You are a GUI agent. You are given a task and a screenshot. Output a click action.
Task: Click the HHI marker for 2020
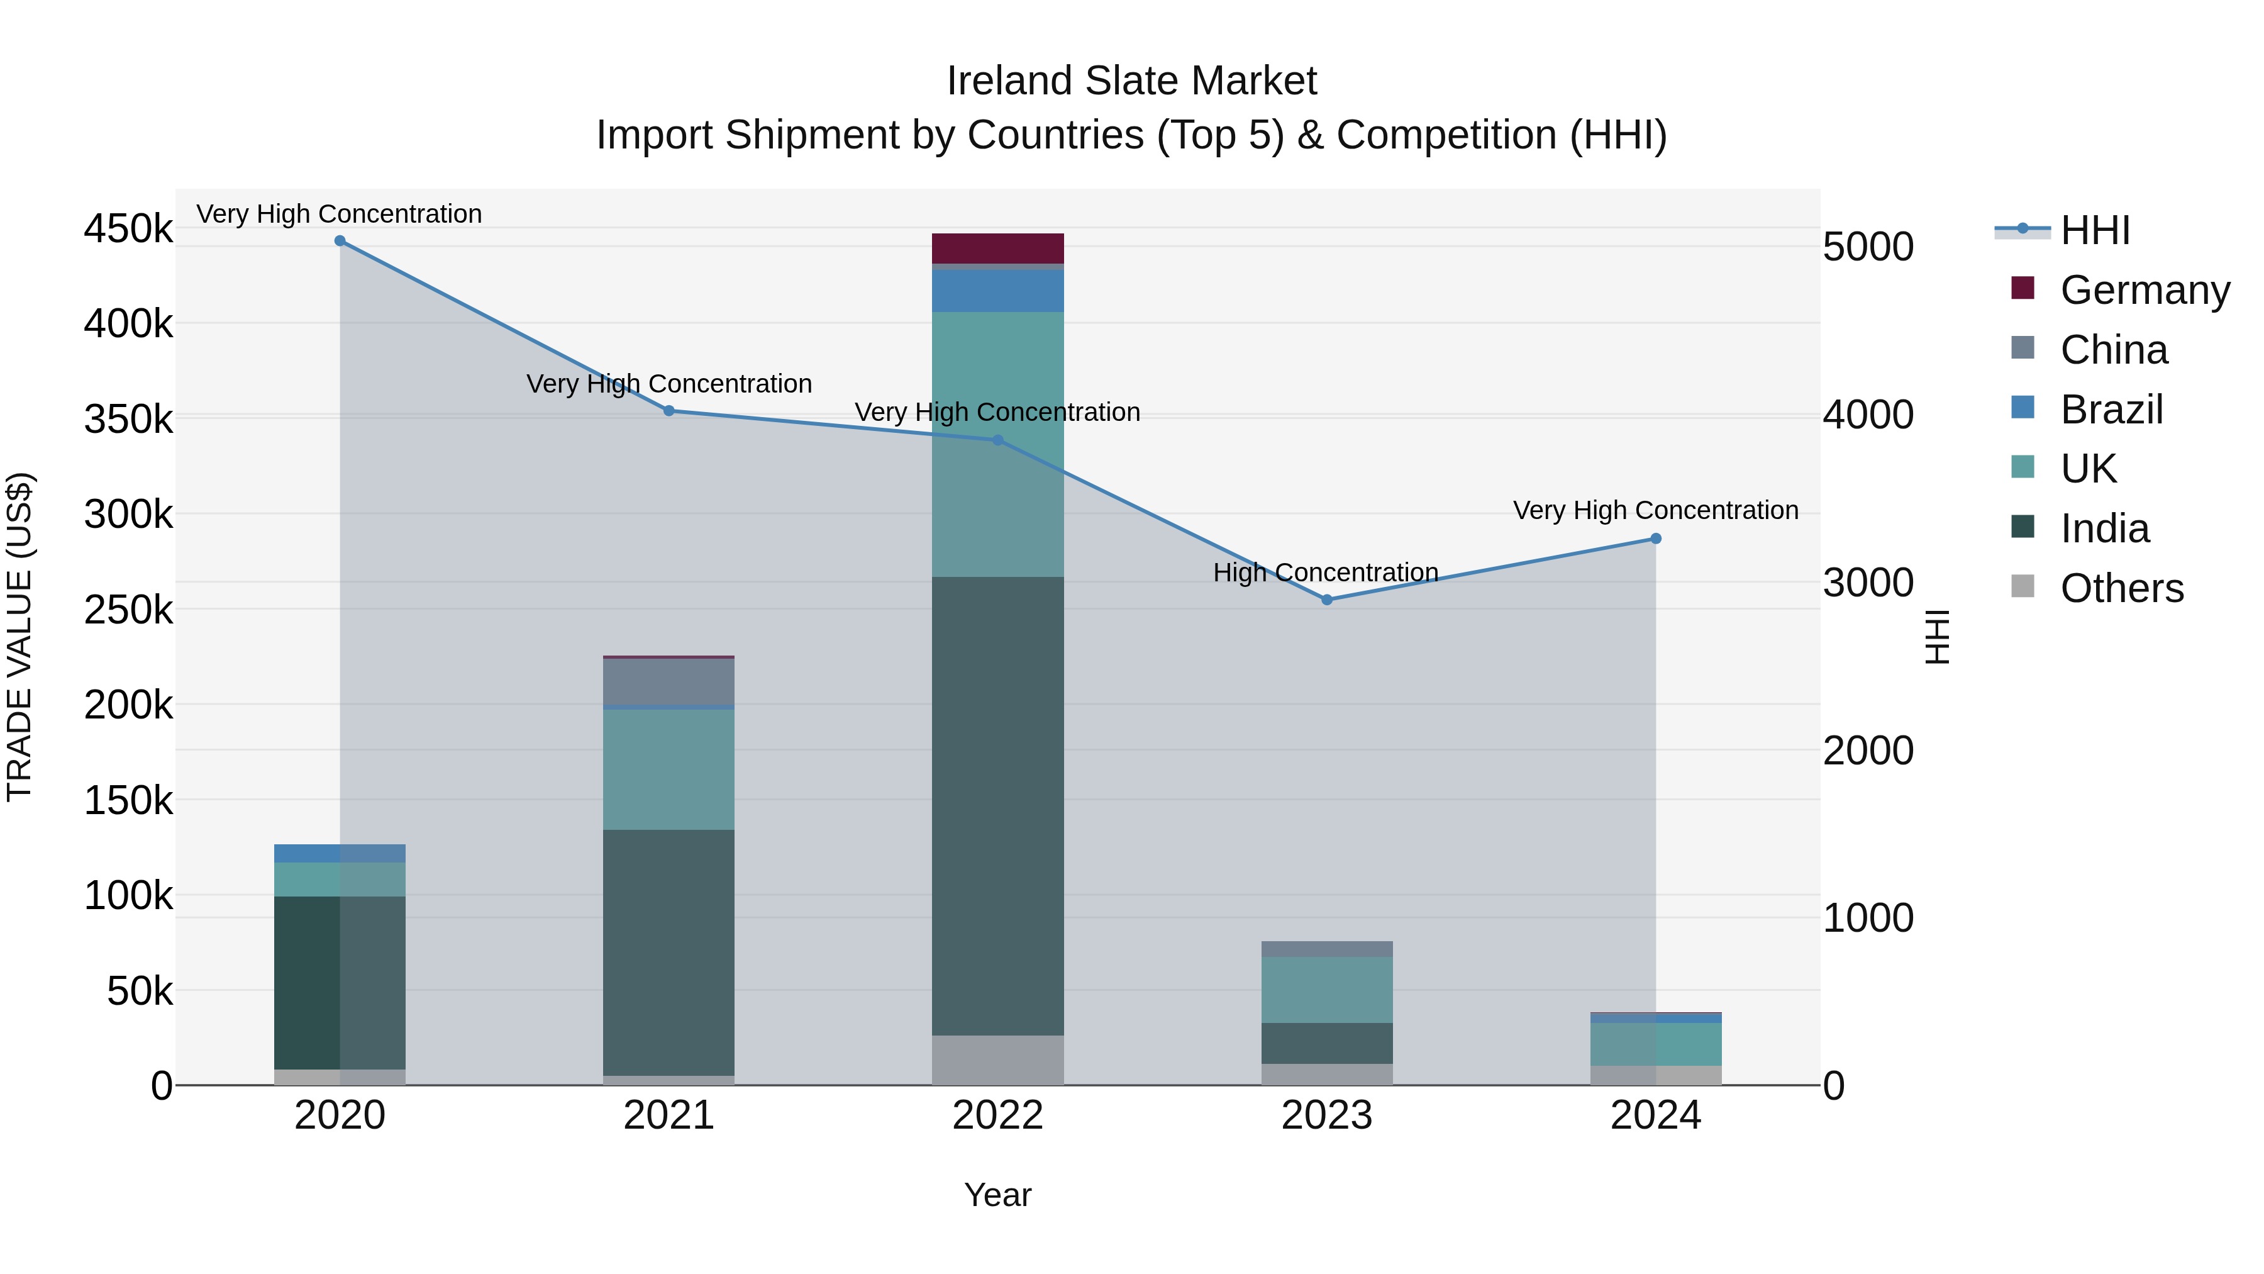pyautogui.click(x=340, y=241)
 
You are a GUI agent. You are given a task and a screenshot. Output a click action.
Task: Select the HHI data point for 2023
pyautogui.click(x=1327, y=600)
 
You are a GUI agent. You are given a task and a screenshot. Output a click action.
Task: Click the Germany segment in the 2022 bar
pyautogui.click(x=997, y=249)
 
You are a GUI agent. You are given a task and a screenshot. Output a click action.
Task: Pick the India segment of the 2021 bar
pyautogui.click(x=669, y=953)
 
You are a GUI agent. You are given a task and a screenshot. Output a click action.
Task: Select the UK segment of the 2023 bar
pyautogui.click(x=1327, y=990)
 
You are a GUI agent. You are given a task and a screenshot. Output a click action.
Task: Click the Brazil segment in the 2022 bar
pyautogui.click(x=997, y=291)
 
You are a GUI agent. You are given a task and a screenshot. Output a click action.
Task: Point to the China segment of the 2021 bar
pyautogui.click(x=669, y=681)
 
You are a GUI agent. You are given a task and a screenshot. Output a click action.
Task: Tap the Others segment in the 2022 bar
pyautogui.click(x=997, y=1059)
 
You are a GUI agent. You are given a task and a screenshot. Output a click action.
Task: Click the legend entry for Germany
pyautogui.click(x=2145, y=290)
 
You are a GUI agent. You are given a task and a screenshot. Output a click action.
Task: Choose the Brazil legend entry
pyautogui.click(x=2111, y=410)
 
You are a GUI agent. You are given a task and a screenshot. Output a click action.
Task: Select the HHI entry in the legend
pyautogui.click(x=2095, y=230)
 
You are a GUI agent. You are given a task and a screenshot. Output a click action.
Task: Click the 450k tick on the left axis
pyautogui.click(x=128, y=230)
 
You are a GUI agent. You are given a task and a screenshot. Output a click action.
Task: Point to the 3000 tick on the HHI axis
pyautogui.click(x=1868, y=583)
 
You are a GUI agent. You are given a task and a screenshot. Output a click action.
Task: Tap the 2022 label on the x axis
pyautogui.click(x=997, y=1115)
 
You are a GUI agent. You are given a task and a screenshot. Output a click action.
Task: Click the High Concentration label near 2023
pyautogui.click(x=1325, y=573)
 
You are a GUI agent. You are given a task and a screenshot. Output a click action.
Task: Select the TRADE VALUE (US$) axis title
pyautogui.click(x=19, y=637)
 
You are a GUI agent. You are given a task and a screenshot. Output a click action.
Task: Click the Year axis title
pyautogui.click(x=997, y=1195)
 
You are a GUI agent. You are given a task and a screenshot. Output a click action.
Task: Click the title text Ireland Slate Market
pyautogui.click(x=1131, y=81)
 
